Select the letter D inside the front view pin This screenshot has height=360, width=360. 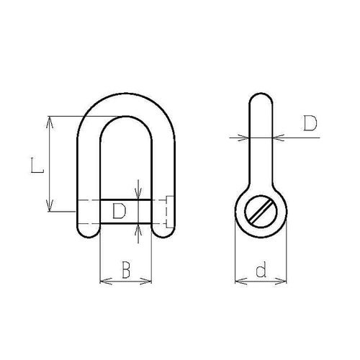click(x=120, y=210)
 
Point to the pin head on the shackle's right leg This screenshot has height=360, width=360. click(x=168, y=211)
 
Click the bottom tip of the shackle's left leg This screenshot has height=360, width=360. click(x=88, y=235)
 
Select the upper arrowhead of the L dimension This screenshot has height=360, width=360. click(x=50, y=120)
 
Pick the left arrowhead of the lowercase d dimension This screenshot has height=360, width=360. click(x=239, y=281)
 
